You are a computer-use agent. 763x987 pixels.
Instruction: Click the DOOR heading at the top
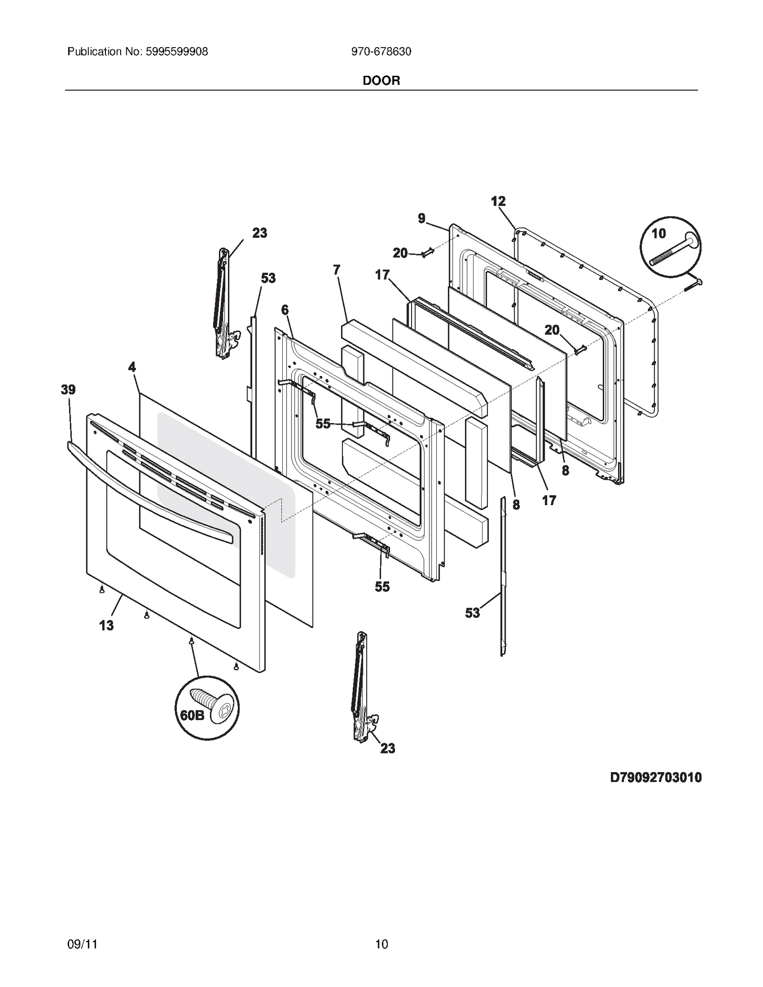(381, 81)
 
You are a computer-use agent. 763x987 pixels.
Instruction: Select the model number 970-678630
(381, 52)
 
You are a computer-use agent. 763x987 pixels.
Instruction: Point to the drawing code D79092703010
(656, 777)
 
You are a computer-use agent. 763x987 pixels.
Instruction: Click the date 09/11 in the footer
(82, 944)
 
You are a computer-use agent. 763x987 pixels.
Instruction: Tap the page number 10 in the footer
(381, 944)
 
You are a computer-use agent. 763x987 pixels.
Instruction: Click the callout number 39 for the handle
(68, 390)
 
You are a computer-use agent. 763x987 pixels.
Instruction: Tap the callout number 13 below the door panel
(106, 625)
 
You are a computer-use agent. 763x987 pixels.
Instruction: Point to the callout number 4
(132, 367)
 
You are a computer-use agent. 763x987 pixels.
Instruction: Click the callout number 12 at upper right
(498, 202)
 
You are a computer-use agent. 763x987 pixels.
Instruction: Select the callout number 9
(422, 218)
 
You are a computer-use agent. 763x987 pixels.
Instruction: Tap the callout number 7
(337, 270)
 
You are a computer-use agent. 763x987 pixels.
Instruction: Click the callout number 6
(285, 310)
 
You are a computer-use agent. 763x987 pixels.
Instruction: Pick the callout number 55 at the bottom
(382, 587)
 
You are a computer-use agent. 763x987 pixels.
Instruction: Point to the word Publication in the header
(94, 52)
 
